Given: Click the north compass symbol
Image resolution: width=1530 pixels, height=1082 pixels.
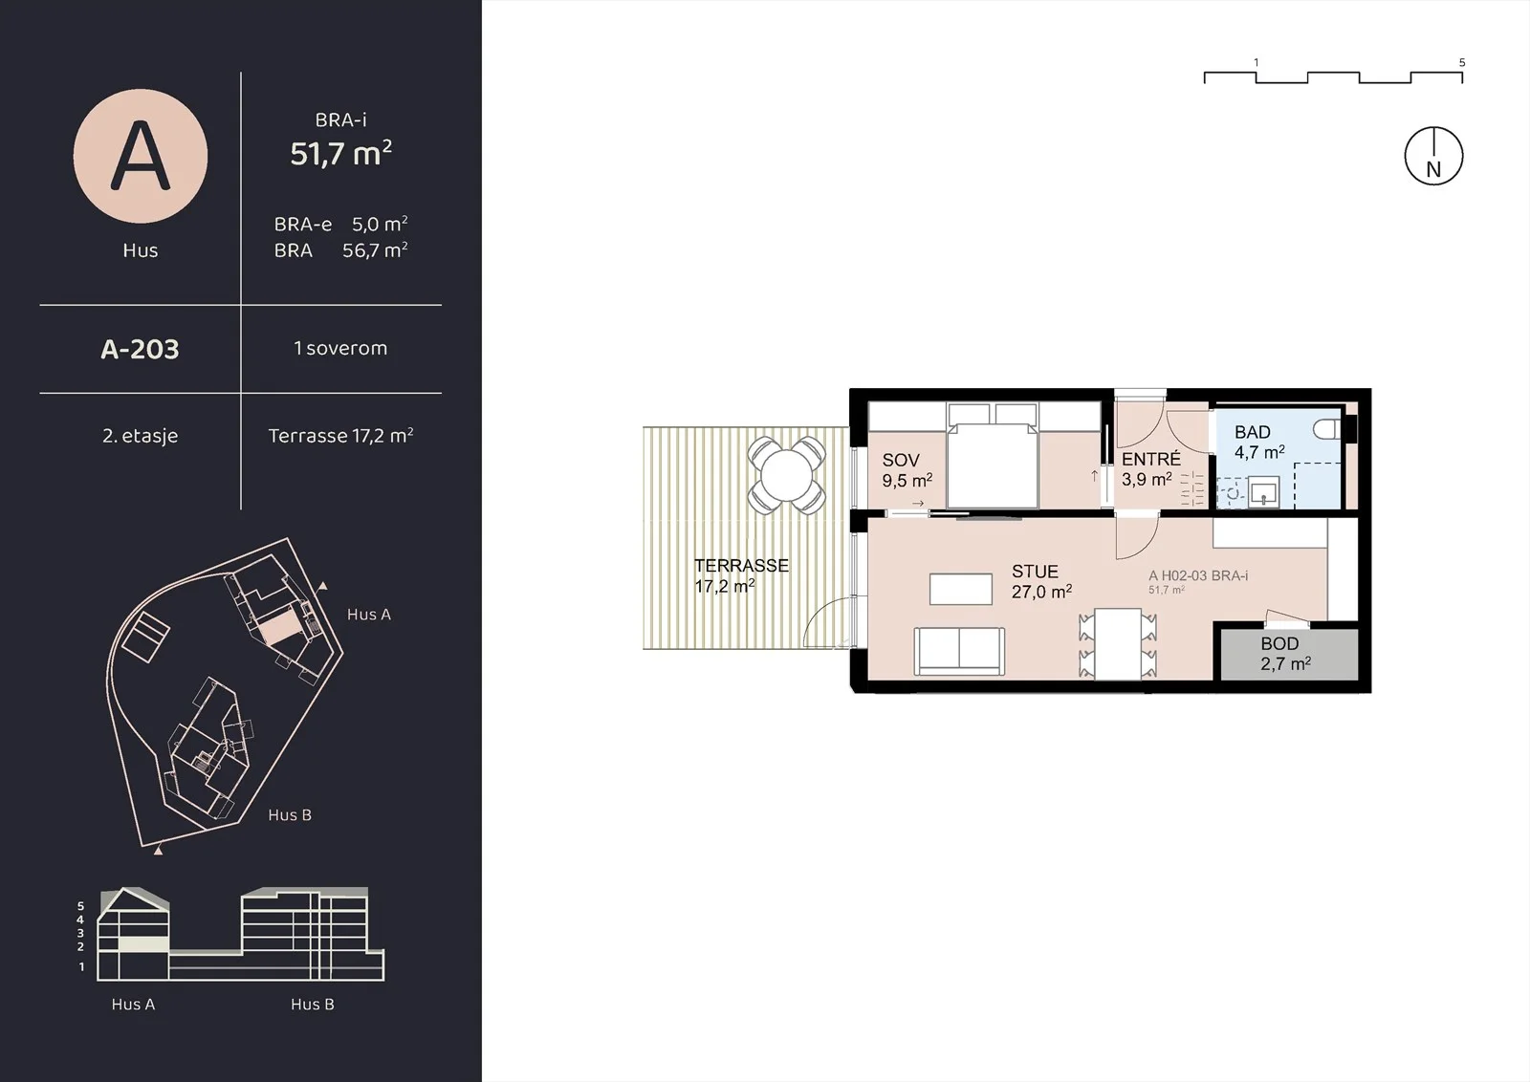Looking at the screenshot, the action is pos(1433,157).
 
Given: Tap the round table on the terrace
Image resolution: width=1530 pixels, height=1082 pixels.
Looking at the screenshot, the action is pos(786,475).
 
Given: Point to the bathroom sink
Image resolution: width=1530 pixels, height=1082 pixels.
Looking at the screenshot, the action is pos(1263,491).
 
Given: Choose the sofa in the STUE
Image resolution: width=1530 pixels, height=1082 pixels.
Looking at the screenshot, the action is pos(959,651).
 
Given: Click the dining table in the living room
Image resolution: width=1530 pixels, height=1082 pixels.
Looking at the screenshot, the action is pos(1118,644).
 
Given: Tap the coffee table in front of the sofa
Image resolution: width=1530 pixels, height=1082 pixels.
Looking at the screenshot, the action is pos(960,589).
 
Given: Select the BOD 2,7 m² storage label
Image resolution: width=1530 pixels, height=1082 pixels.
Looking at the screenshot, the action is pos(1285,653).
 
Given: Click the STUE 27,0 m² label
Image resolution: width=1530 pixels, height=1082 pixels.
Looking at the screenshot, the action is pos(1041,581).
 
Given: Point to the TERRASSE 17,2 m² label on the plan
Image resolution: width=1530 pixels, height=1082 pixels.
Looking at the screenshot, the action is pos(741,575).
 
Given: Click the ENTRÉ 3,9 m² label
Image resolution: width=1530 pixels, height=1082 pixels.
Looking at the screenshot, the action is pos(1151,469).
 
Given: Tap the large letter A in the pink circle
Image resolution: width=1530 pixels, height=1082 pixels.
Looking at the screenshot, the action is pos(140,156).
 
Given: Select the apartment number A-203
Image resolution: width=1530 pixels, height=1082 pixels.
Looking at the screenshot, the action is pos(140,350).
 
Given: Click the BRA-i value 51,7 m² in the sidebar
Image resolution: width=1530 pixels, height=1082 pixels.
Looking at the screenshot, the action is pos(340,153).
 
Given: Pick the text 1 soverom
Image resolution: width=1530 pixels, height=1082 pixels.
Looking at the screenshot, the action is pos(340,348).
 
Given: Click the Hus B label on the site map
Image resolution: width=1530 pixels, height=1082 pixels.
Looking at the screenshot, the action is pos(290,814).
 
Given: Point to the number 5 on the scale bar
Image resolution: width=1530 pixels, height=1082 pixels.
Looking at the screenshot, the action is pos(1462,62).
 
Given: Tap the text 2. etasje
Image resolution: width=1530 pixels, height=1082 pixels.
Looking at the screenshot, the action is pos(140,436).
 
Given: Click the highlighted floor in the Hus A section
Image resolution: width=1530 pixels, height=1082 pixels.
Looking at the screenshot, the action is pos(142,944).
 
